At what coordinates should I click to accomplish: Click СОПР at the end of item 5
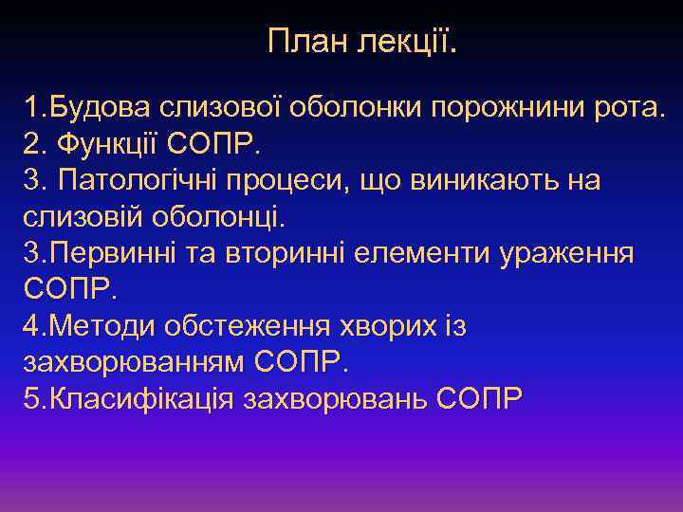point(481,398)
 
